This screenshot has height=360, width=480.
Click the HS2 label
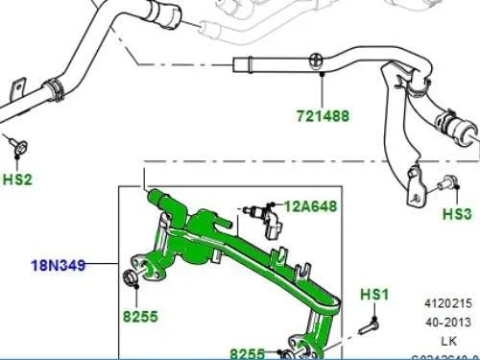pos(18,179)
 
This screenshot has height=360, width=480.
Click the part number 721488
pos(322,117)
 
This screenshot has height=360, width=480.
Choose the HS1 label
pos(372,292)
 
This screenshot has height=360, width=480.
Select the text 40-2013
pos(452,322)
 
